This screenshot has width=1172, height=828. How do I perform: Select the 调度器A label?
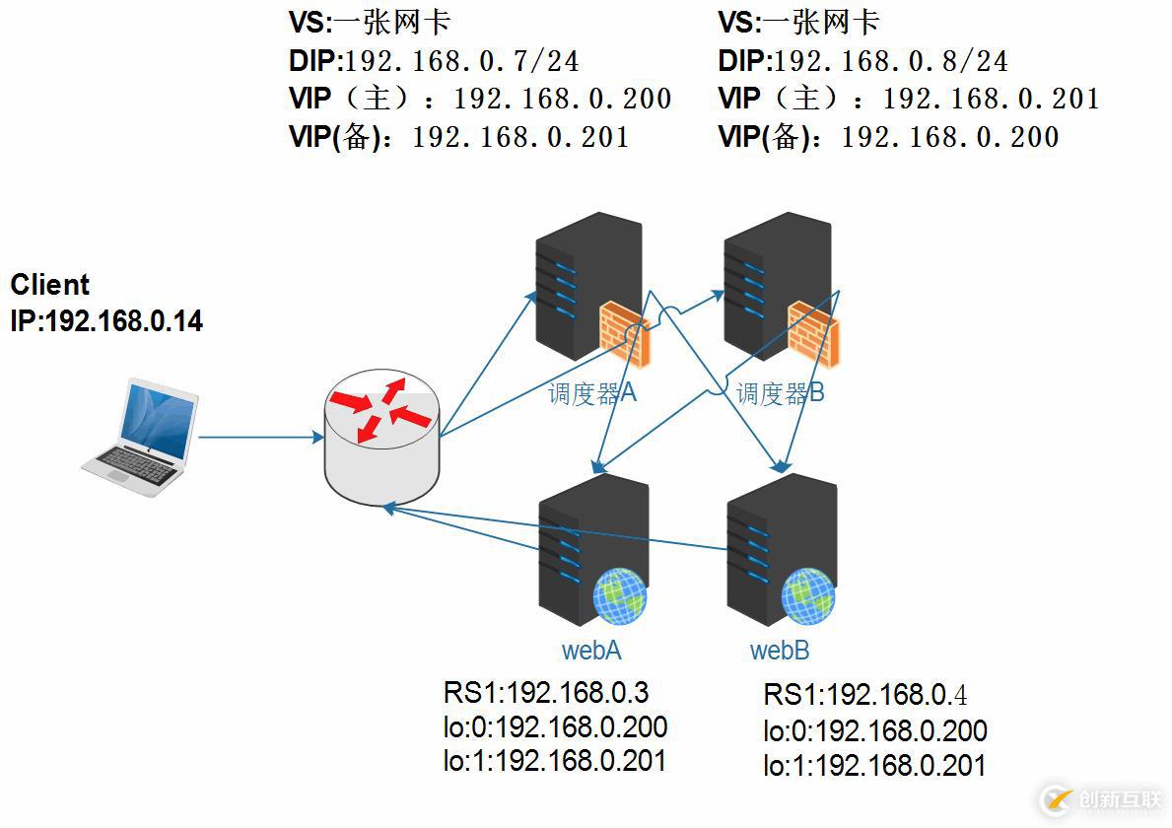click(592, 394)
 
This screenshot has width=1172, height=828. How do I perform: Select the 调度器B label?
click(781, 394)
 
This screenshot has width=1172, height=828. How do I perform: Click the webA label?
click(591, 651)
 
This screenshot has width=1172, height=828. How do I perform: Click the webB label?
click(780, 651)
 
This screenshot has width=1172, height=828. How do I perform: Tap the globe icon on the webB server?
click(807, 595)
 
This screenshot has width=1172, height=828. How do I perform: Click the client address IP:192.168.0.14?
click(106, 320)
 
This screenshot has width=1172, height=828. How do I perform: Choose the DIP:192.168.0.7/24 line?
click(434, 62)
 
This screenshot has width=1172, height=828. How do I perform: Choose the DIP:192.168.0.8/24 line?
click(862, 62)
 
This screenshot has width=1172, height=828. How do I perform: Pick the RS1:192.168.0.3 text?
click(545, 693)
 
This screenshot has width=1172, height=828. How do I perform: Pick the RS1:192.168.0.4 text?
click(864, 695)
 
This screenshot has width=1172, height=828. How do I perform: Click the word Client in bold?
click(50, 285)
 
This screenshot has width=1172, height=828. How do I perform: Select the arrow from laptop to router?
click(261, 437)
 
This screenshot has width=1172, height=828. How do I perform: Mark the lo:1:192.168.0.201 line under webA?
click(554, 761)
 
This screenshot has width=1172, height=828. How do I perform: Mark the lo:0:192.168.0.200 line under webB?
click(874, 731)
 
